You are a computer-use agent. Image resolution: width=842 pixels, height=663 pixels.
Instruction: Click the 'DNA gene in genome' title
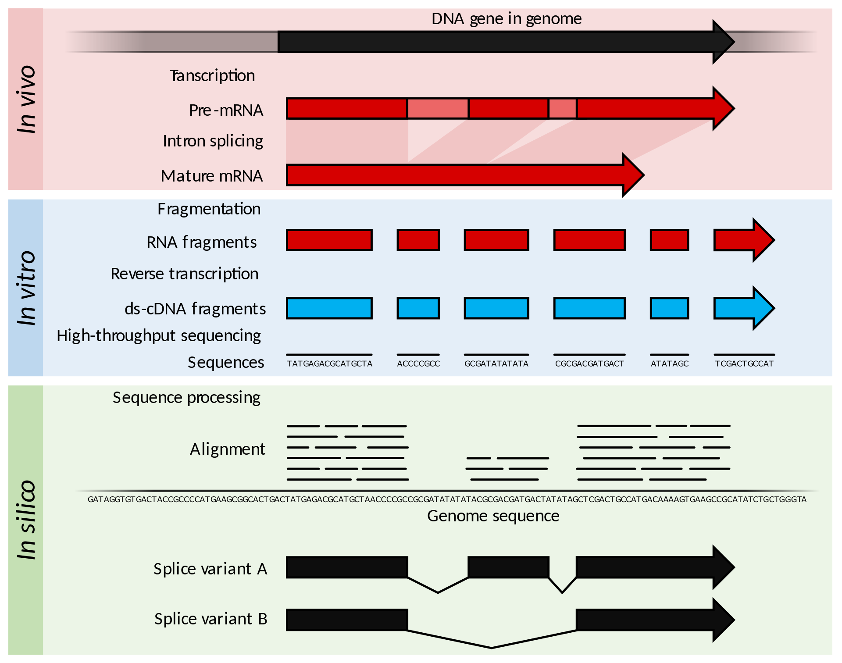coord(507,19)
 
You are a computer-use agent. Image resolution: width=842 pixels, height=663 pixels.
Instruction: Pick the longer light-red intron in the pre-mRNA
coord(438,108)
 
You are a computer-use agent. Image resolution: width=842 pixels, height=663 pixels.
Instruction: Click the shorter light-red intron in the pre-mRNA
coord(563,108)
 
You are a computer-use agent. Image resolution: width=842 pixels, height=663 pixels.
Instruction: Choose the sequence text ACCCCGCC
coord(418,364)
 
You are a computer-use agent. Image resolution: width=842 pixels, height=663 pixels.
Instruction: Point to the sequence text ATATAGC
coord(670,364)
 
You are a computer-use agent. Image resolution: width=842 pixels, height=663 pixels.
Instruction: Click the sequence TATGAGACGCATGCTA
coord(329,364)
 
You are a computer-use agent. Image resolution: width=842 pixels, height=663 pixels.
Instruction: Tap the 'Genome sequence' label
coord(493,516)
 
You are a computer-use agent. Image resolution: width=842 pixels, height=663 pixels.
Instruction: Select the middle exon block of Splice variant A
coord(509,567)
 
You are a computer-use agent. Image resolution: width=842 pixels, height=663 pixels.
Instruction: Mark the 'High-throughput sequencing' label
coord(159,335)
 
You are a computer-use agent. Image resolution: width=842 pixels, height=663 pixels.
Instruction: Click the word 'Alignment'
coord(227,449)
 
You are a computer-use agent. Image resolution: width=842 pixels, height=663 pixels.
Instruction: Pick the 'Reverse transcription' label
coord(184,274)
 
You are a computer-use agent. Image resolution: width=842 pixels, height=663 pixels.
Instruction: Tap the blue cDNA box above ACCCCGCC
coord(418,308)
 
